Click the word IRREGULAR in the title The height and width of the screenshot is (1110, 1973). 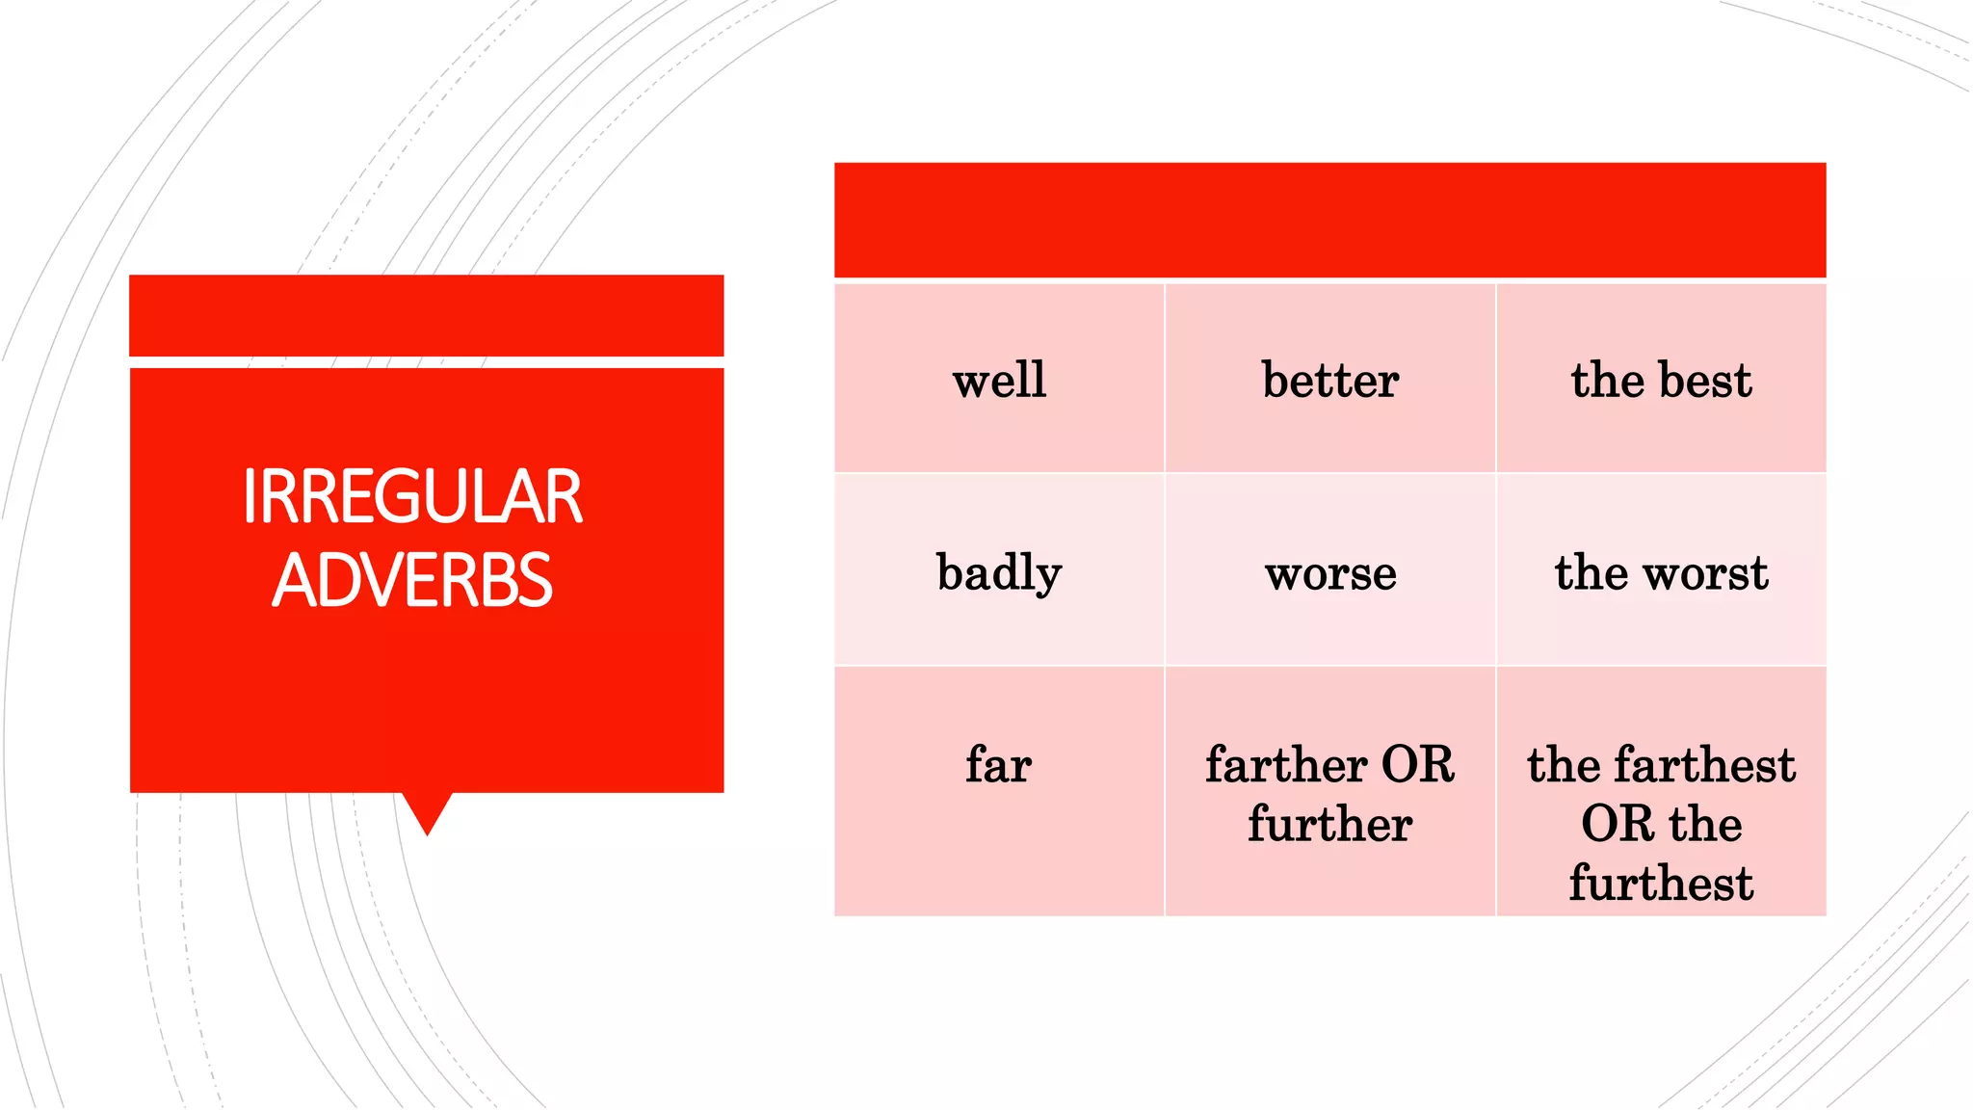412,497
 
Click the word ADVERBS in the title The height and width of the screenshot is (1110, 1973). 412,581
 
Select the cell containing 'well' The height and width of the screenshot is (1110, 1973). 999,379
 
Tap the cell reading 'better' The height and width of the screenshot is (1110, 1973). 1329,379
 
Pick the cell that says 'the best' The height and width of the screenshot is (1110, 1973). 1661,379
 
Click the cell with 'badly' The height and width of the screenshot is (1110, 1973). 999,571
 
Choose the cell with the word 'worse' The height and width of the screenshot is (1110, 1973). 1329,571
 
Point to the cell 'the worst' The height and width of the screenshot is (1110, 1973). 1661,571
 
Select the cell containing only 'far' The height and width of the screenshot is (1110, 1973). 999,765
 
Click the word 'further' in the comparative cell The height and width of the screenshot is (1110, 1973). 1329,825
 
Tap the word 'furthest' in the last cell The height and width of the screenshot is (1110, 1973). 1661,884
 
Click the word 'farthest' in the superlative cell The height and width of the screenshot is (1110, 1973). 1705,765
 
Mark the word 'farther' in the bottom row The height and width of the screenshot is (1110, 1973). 1286,765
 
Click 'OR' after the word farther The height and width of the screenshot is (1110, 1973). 1418,765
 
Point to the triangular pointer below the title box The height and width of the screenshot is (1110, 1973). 427,809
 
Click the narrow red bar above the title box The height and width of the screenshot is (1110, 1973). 426,315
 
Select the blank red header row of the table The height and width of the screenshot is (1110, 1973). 1329,220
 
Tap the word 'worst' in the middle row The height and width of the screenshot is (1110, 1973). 1706,572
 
